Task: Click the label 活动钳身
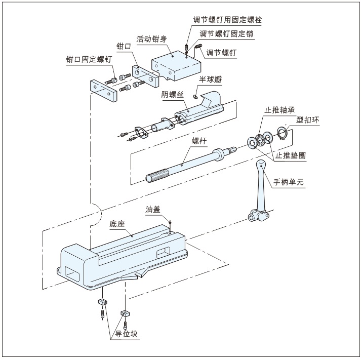point(152,38)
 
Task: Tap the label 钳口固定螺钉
point(89,60)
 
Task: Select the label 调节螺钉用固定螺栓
point(227,20)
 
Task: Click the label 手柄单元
point(289,181)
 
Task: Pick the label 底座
point(117,223)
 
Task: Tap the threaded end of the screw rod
point(156,177)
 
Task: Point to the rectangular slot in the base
point(165,250)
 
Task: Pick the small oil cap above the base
point(171,222)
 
